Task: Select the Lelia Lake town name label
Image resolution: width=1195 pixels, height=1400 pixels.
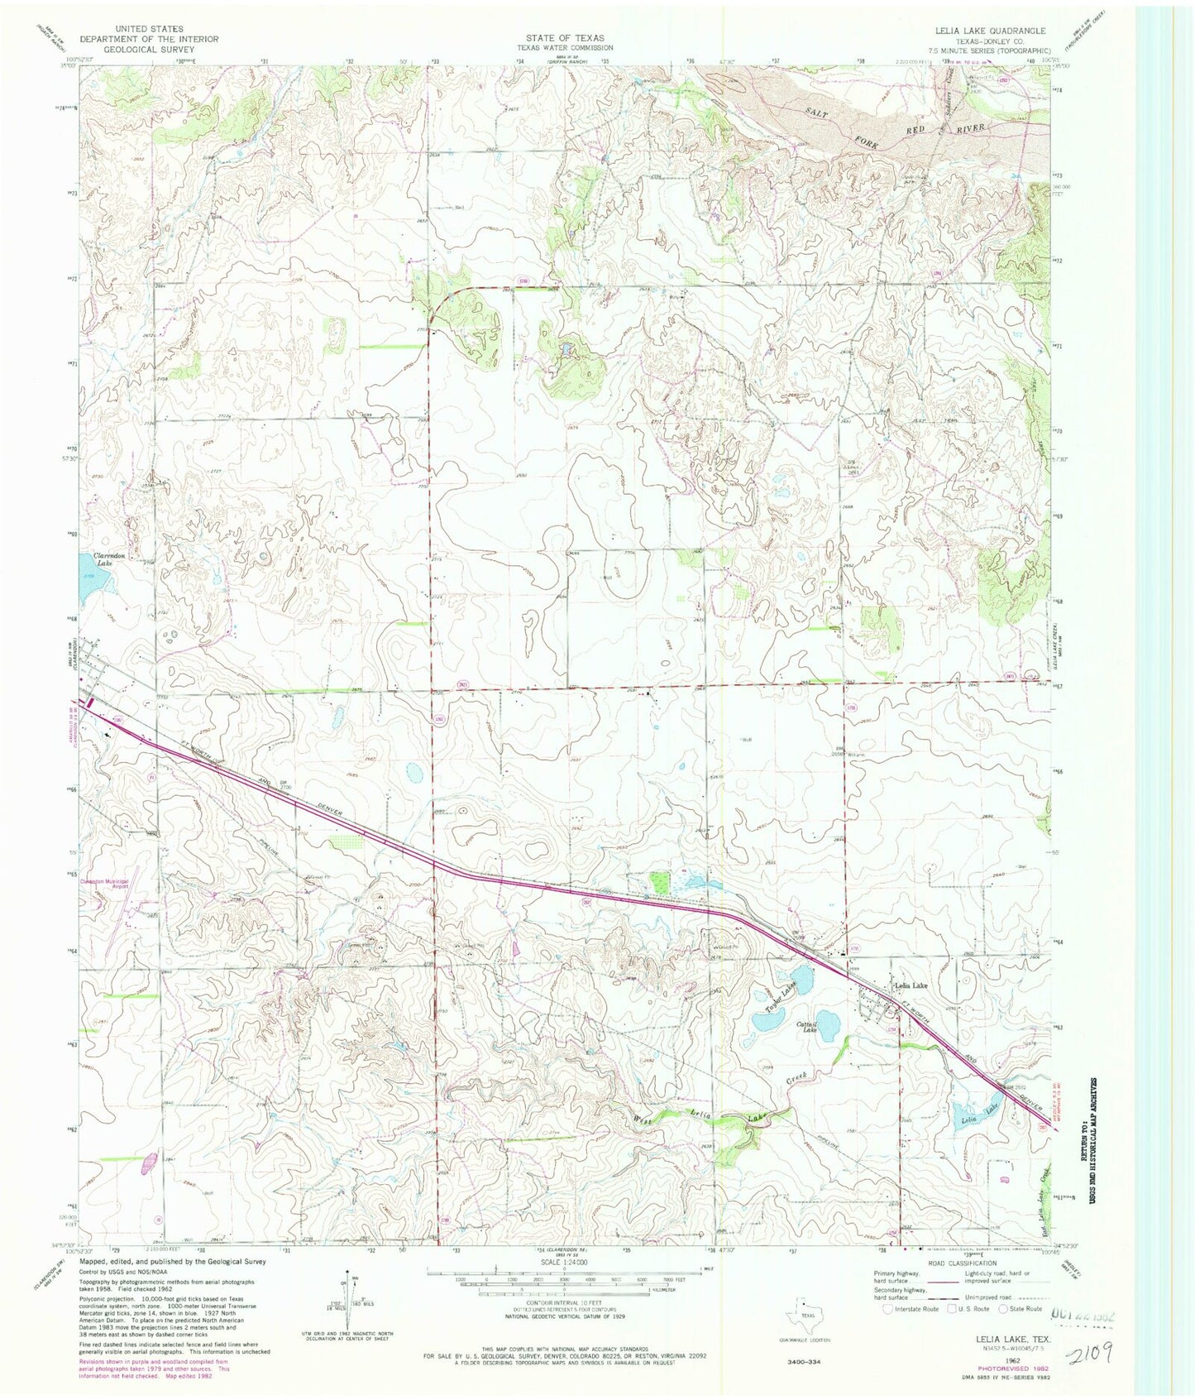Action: click(911, 985)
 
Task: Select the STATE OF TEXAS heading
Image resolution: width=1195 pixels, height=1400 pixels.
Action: click(566, 38)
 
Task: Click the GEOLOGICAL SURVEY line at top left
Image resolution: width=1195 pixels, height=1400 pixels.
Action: click(149, 49)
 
